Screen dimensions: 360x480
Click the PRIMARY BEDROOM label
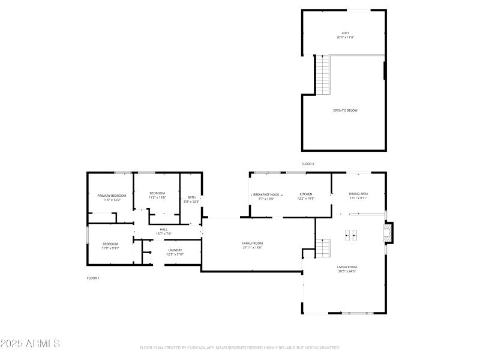(x=112, y=196)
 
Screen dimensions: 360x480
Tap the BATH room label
(x=191, y=197)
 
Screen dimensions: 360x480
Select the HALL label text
(x=163, y=229)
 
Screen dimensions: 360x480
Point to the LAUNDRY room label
(x=175, y=250)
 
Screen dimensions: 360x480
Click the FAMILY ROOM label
(x=253, y=243)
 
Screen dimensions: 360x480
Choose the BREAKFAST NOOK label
(x=266, y=194)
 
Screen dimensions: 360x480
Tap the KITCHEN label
(x=306, y=194)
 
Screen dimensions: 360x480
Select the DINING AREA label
(x=358, y=194)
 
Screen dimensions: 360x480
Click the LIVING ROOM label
(x=347, y=267)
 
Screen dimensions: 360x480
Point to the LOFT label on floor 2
(x=345, y=33)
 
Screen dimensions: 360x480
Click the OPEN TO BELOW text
(x=345, y=110)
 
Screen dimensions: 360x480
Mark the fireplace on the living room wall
(x=389, y=233)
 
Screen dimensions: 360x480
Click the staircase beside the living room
(x=323, y=248)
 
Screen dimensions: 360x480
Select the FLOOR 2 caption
(x=308, y=164)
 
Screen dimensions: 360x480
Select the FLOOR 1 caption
(x=93, y=278)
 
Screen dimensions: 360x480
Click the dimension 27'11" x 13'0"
(x=253, y=247)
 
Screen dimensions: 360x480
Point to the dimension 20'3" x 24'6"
(x=347, y=271)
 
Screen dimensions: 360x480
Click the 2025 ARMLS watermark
(x=30, y=344)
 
